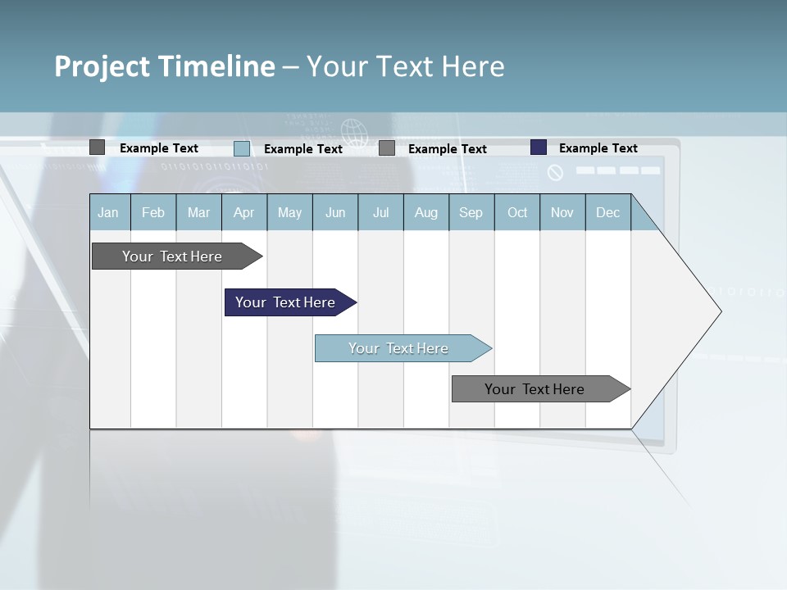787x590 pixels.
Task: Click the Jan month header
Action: [x=109, y=212]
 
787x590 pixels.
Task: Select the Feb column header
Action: [x=153, y=212]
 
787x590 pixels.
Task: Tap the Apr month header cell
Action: [x=244, y=212]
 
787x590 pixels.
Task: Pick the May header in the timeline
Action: [x=289, y=212]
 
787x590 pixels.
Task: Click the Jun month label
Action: [x=335, y=212]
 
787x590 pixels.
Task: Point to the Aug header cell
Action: [x=426, y=212]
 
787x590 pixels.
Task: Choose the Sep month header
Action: [x=471, y=212]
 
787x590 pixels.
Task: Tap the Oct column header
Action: [x=517, y=212]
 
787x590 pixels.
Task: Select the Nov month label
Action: [x=562, y=212]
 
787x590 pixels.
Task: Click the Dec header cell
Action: [x=608, y=212]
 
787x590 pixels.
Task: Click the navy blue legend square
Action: [x=539, y=147]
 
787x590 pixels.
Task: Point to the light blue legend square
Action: [x=242, y=148]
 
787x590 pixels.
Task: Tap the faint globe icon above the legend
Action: [x=353, y=130]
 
